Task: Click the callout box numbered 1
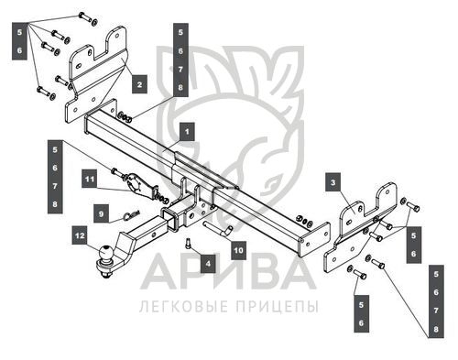coord(187,132)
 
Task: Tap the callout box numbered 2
coord(139,84)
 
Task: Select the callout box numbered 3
coord(333,182)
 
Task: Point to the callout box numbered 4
coord(208,263)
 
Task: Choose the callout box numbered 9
coord(101,213)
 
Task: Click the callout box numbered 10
coord(238,250)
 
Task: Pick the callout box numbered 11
coord(90,179)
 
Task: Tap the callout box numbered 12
coord(80,235)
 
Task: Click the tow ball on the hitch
coord(105,253)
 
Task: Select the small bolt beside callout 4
coord(188,244)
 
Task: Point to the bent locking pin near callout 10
coord(217,228)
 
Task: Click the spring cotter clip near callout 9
coord(132,214)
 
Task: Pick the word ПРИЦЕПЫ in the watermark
coord(278,306)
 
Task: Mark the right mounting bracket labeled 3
coord(360,227)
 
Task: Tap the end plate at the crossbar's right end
coord(315,239)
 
